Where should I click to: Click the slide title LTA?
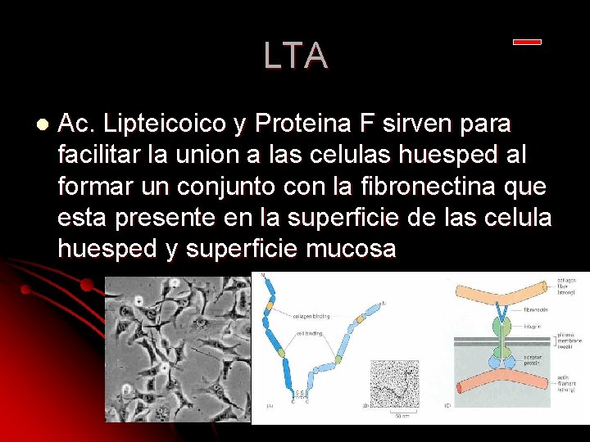(x=296, y=56)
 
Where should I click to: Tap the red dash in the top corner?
(x=527, y=42)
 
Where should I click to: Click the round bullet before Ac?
(x=42, y=124)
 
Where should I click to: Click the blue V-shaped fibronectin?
(x=502, y=314)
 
